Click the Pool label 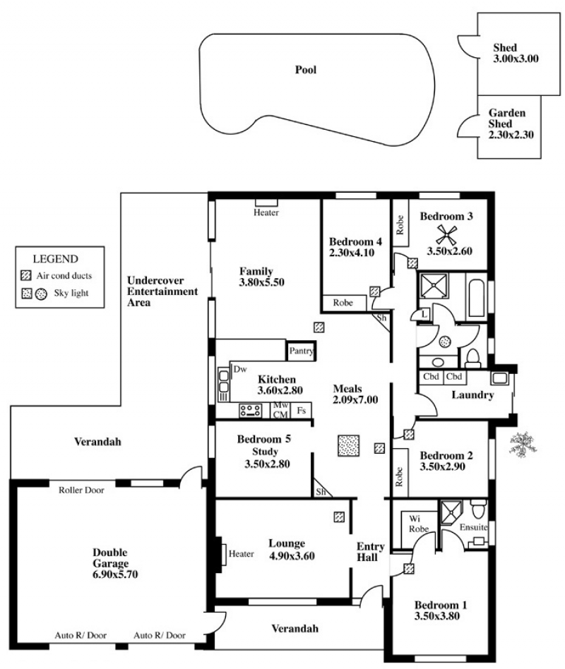306,70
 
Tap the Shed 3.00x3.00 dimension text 516,59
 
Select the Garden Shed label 507,118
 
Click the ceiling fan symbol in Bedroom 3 447,235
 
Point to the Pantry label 301,351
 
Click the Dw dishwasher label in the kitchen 240,369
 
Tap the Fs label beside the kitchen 301,411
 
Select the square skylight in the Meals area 348,446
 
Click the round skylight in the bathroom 445,342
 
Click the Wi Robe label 418,524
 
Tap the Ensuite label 473,527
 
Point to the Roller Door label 81,490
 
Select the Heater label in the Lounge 241,554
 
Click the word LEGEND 56,259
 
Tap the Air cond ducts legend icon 26,276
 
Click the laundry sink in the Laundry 499,378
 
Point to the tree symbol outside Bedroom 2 523,444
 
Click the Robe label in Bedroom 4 343,303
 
